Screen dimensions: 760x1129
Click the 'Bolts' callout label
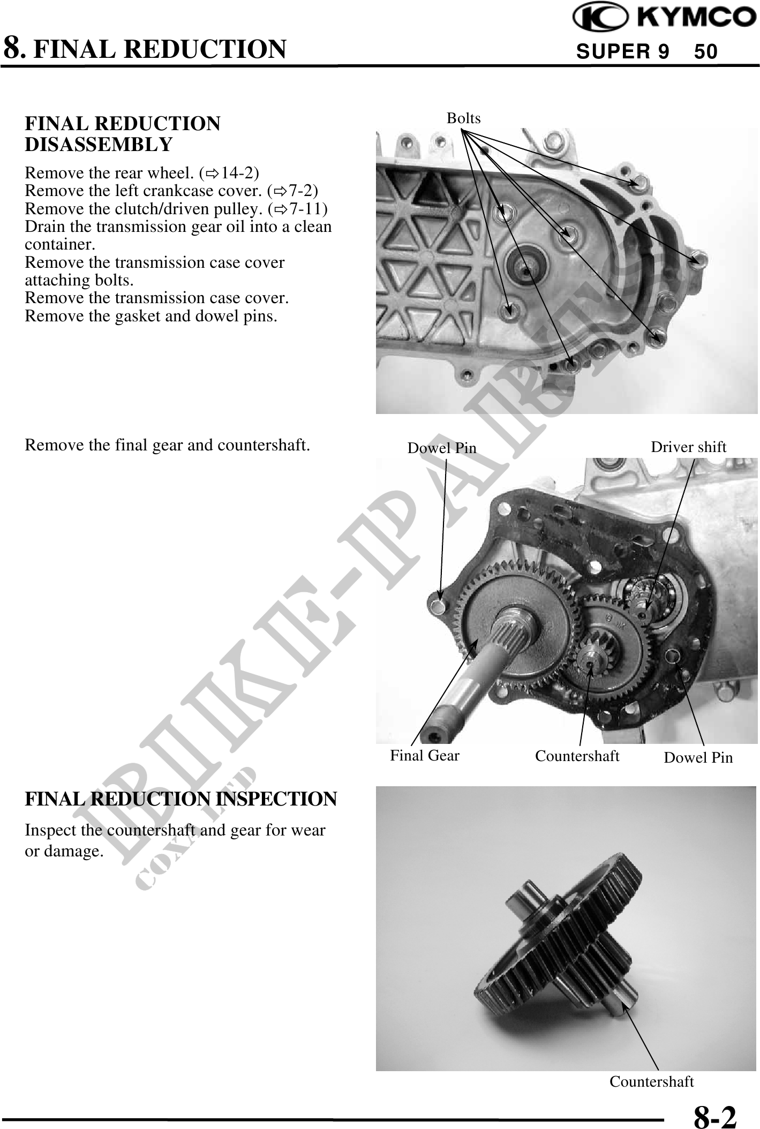(464, 118)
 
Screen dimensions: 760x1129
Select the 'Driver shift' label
(688, 447)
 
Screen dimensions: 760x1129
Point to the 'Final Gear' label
(425, 755)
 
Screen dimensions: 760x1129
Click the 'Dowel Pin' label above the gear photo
(442, 448)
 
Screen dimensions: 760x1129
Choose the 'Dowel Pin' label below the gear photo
(698, 757)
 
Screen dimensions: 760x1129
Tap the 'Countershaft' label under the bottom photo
(652, 1081)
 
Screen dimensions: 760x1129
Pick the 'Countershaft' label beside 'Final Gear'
(577, 756)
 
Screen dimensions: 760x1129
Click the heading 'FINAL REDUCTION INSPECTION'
(181, 799)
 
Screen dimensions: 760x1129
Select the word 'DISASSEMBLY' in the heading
(99, 145)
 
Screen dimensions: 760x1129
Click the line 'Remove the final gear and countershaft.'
(168, 445)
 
